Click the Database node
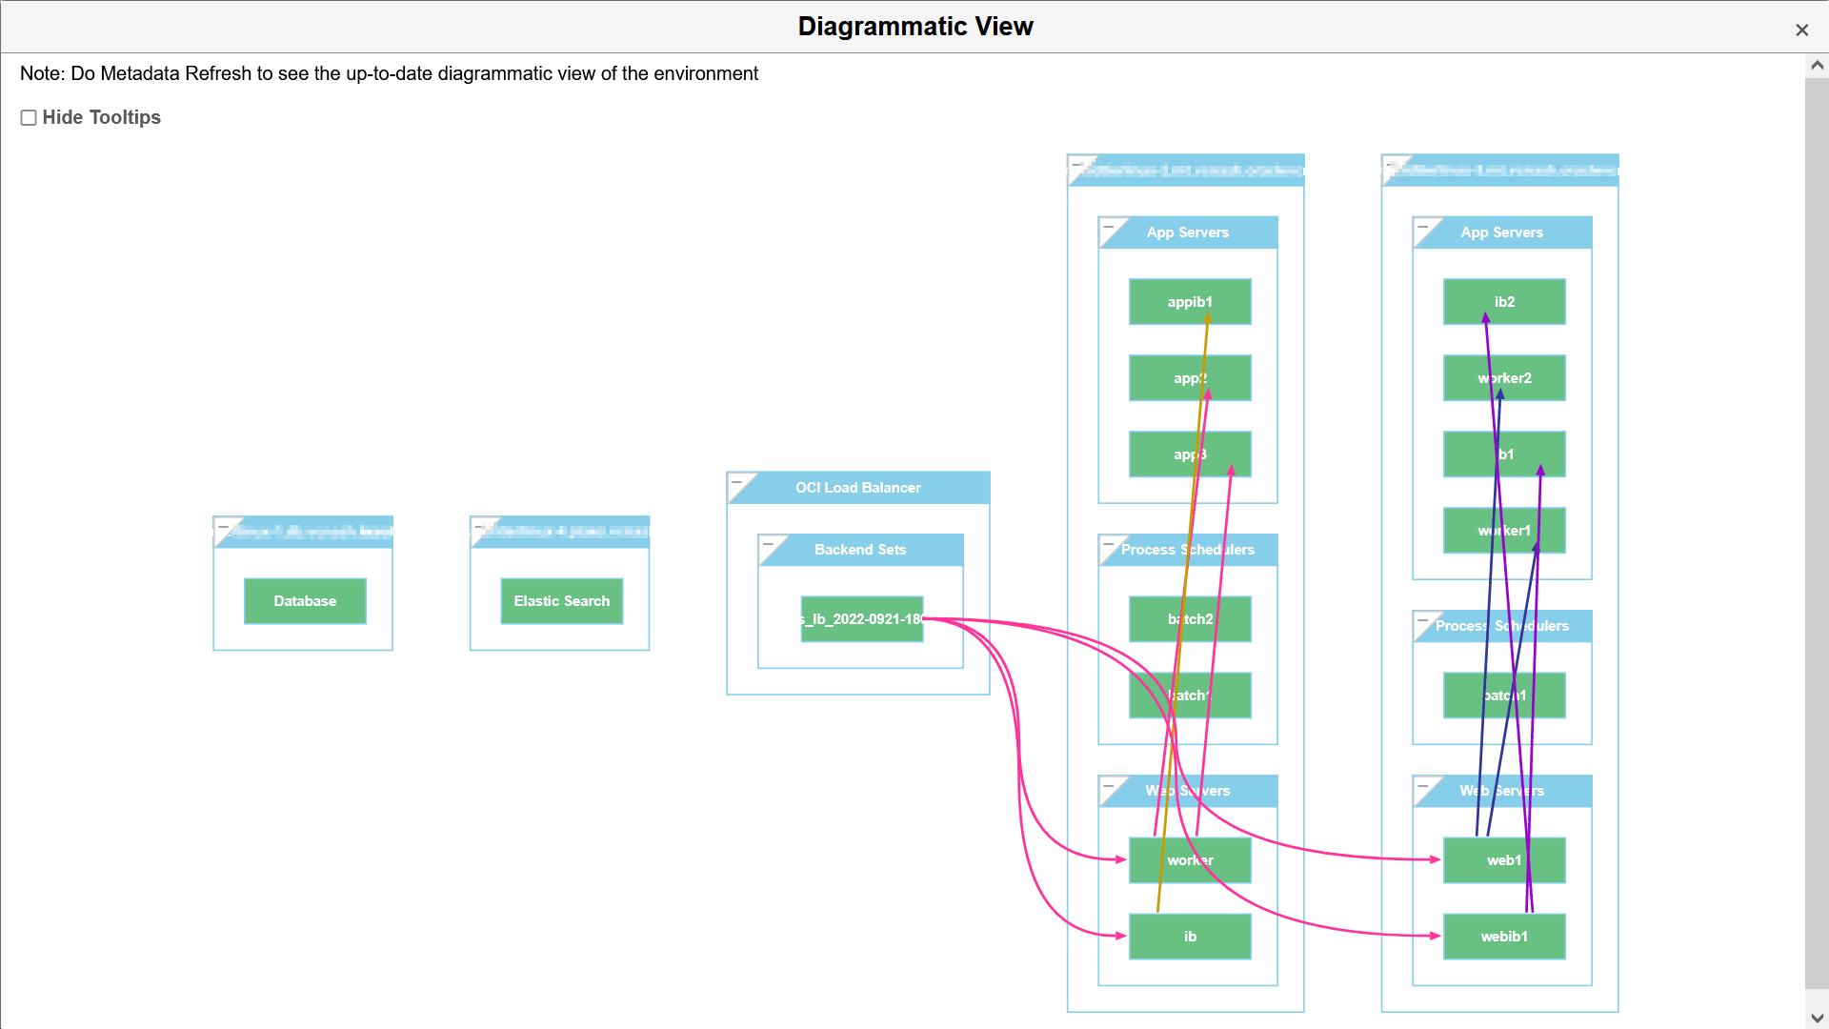coord(305,601)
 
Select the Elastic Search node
coord(561,601)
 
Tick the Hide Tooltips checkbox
coord(29,117)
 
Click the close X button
coord(1801,30)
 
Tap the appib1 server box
coord(1190,302)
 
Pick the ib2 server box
coord(1504,302)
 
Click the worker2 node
coord(1504,378)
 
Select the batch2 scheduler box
coord(1190,619)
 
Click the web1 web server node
coord(1504,860)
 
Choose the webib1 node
coord(1504,937)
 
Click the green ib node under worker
coord(1190,937)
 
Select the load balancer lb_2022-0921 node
coord(862,619)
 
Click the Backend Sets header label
coord(860,550)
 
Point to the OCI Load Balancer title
coord(857,488)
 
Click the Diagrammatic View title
coord(914,27)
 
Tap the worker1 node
coord(1504,531)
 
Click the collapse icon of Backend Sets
coord(769,545)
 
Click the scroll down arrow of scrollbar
coord(1817,1018)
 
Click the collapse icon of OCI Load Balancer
coord(737,483)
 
